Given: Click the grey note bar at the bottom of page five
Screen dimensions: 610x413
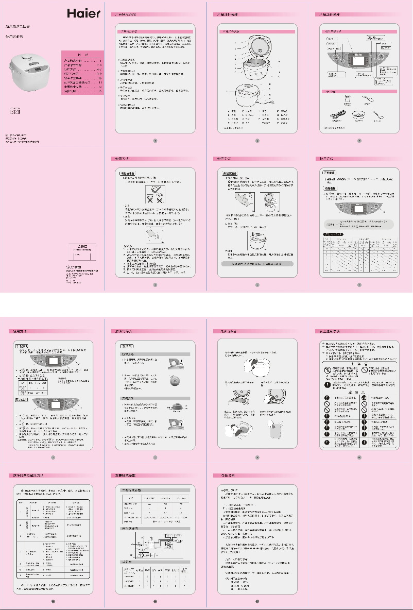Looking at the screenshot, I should [x=257, y=263].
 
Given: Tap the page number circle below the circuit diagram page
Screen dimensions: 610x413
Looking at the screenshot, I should [x=154, y=601].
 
